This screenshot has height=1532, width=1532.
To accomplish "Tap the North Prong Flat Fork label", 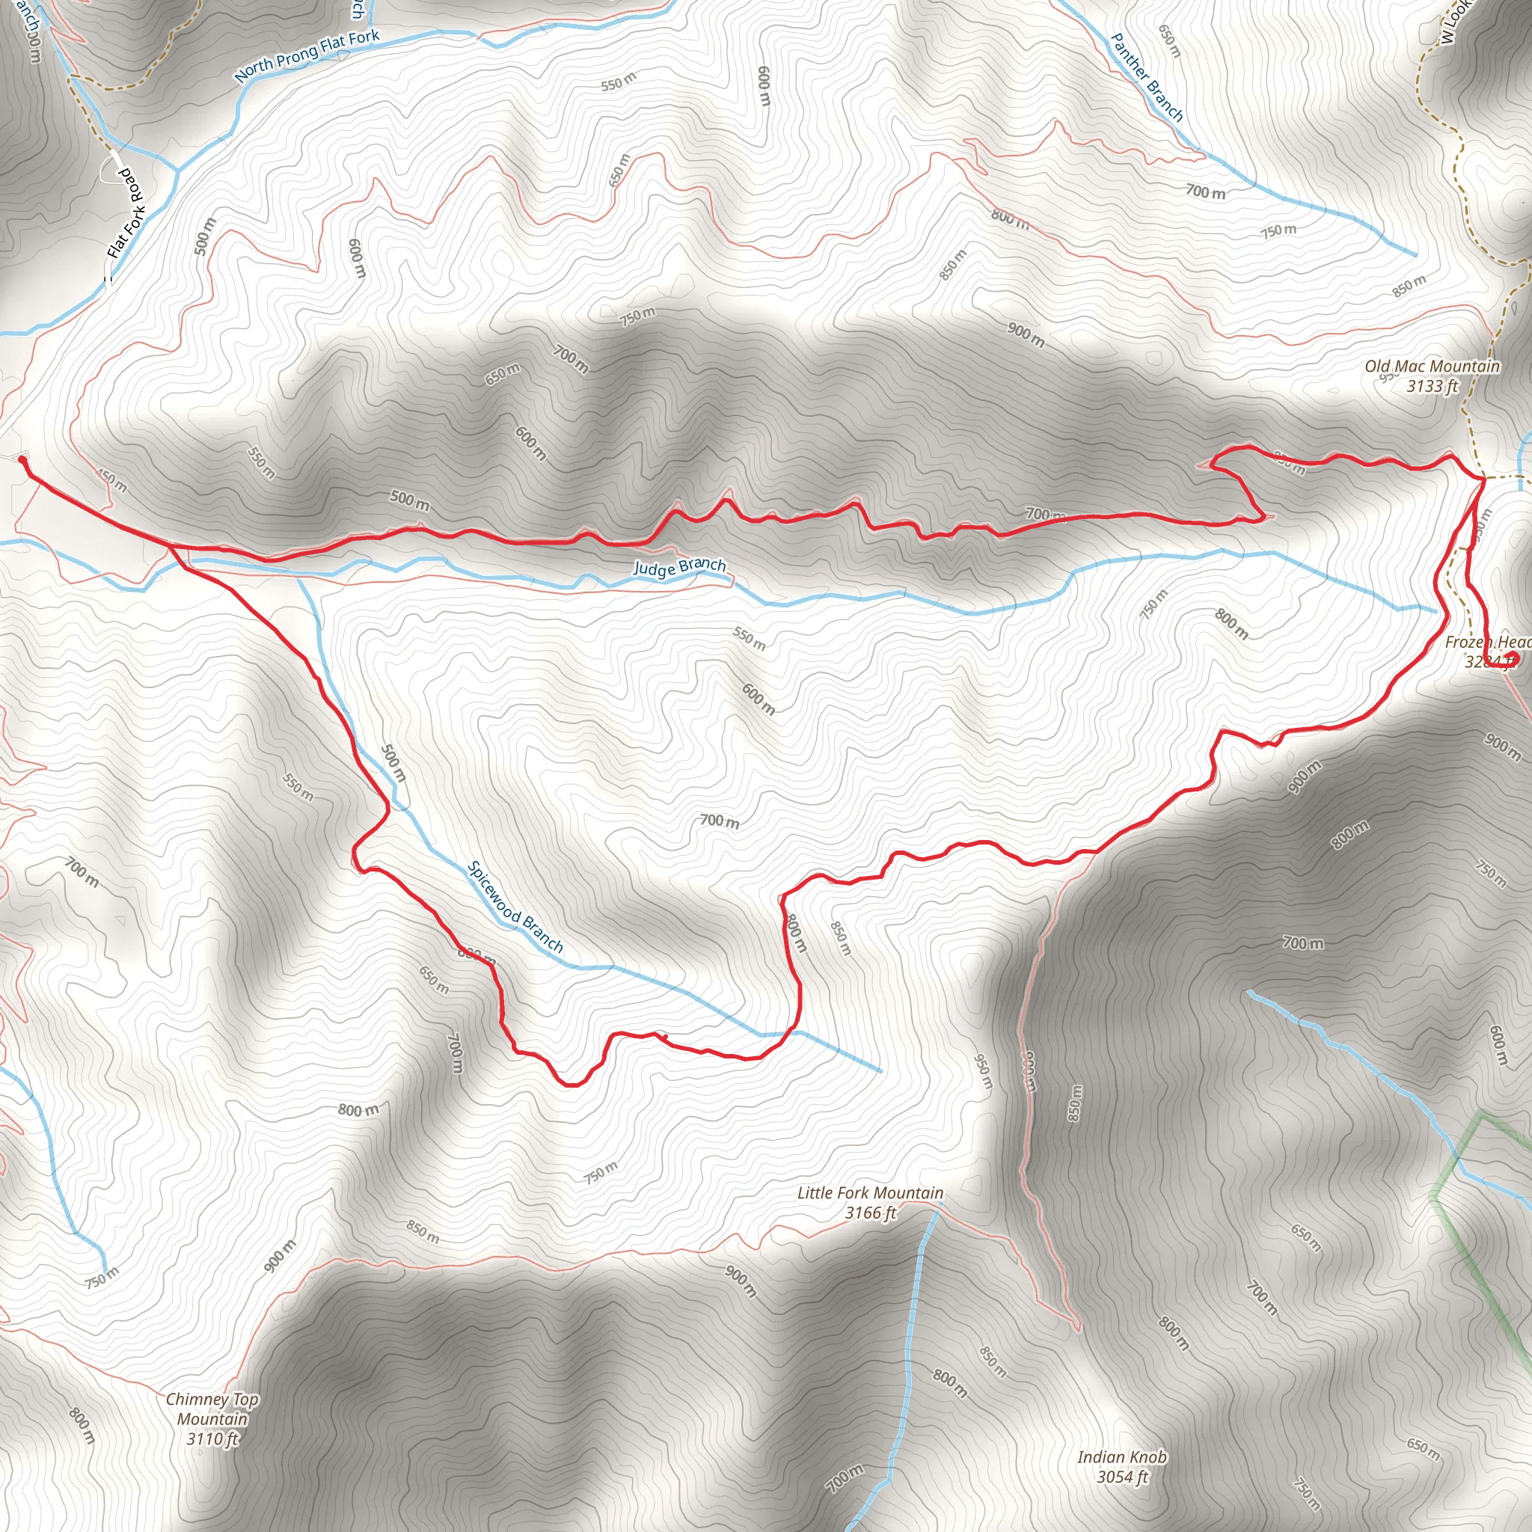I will [307, 55].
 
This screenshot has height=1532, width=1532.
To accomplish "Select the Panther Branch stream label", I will [1147, 77].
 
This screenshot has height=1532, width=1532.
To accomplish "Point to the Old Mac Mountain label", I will [1431, 367].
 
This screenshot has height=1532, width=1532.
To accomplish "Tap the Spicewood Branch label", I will [515, 907].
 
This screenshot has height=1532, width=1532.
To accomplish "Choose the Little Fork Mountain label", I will [870, 1192].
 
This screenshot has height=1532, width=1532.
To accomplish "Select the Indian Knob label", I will [1121, 1456].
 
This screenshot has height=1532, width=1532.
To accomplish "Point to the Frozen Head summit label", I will [1488, 642].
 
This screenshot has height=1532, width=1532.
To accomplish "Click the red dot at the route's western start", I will [22, 459].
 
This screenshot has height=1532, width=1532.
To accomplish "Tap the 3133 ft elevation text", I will [1432, 386].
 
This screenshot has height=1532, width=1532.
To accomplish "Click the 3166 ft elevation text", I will [870, 1213].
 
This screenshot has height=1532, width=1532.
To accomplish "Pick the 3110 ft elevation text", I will [212, 1438].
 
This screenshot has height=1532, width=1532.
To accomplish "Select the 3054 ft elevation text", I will [1122, 1477].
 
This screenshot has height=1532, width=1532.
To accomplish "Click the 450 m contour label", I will [111, 480].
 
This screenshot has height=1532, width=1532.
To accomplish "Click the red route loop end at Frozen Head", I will [1511, 658].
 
